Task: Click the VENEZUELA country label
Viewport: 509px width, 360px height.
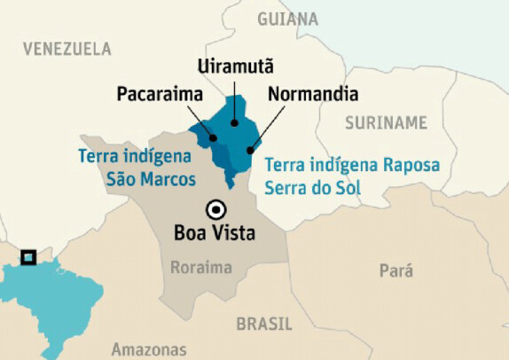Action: (67, 49)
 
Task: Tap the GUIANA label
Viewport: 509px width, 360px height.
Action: (287, 18)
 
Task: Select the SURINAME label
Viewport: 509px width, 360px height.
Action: (386, 121)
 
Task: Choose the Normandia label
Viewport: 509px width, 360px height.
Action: (313, 93)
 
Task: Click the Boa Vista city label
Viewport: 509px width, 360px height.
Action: (215, 234)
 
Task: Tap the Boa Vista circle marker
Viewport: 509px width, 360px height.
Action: (215, 210)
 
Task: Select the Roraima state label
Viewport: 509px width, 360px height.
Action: (201, 267)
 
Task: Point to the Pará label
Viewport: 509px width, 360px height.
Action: (395, 271)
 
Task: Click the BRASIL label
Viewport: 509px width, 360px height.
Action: (264, 324)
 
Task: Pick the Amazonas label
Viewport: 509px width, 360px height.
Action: (149, 348)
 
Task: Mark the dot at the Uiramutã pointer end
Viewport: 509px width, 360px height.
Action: (234, 123)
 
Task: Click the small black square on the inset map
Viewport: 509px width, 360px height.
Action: (28, 257)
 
